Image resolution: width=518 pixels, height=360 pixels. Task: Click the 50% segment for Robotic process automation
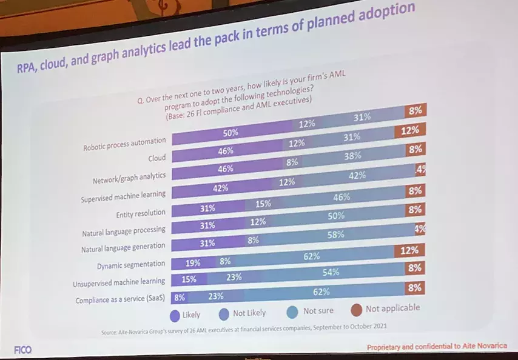(x=230, y=132)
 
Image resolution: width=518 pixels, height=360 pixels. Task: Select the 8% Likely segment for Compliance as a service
(x=179, y=298)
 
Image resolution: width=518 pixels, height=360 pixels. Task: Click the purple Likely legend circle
(x=174, y=315)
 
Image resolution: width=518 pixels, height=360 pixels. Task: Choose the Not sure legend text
(x=318, y=311)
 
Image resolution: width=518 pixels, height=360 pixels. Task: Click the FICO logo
(x=22, y=350)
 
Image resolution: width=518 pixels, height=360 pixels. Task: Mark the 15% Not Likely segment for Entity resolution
(x=263, y=204)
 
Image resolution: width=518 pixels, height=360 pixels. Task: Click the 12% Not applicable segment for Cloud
(x=409, y=131)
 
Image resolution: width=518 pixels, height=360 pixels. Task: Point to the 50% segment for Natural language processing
(x=335, y=216)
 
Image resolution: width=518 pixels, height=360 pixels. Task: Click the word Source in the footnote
(x=109, y=333)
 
